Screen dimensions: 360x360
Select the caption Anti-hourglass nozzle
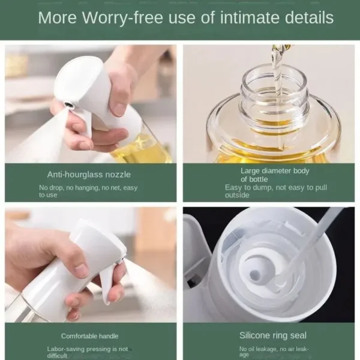pyautogui.click(x=89, y=175)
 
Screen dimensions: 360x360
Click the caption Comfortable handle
pyautogui.click(x=89, y=336)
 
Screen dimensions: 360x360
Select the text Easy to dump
pyautogui.click(x=247, y=187)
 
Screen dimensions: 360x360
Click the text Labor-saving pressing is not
pyautogui.click(x=88, y=349)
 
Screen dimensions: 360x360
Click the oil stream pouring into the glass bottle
pyautogui.click(x=277, y=72)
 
